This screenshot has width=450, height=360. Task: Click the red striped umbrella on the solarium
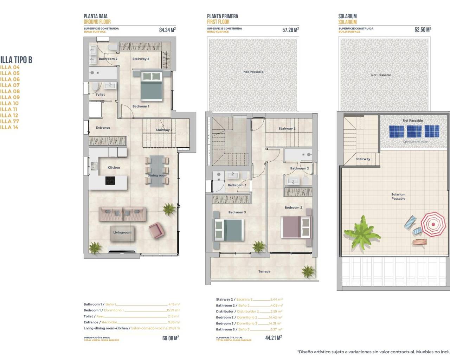tap(433, 224)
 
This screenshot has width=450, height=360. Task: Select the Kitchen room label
tap(114, 168)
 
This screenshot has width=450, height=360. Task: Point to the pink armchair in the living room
tap(156, 230)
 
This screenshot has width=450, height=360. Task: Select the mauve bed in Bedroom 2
tap(296, 227)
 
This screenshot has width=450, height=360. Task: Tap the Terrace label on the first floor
tap(264, 271)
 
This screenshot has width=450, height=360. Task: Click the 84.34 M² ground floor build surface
tap(167, 30)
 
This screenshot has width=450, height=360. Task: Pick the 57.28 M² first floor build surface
tap(290, 30)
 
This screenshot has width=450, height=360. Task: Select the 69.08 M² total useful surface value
tap(171, 338)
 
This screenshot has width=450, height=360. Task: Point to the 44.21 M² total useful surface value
tap(274, 338)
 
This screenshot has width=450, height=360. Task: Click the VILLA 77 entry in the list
tap(9, 121)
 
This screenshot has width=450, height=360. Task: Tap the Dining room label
tap(157, 175)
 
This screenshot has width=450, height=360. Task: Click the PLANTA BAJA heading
tap(96, 16)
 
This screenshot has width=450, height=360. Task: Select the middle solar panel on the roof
tap(414, 131)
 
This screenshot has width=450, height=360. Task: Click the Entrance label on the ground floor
tap(103, 128)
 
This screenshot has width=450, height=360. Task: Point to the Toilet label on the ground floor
tap(100, 95)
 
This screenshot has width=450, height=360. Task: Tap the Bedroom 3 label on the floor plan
tap(237, 212)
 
